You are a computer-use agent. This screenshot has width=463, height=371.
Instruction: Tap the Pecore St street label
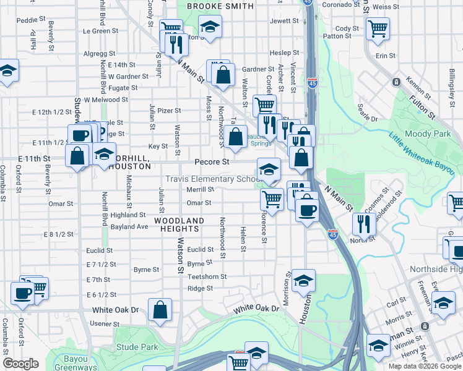[x=212, y=161]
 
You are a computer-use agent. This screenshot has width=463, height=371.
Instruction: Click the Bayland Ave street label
[x=129, y=227]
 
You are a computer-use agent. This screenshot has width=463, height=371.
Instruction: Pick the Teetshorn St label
[x=207, y=276]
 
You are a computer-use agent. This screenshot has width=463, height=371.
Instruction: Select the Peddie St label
[x=27, y=20]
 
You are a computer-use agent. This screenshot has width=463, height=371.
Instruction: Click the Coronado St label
[x=336, y=4]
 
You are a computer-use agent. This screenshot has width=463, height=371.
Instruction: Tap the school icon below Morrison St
[x=303, y=279]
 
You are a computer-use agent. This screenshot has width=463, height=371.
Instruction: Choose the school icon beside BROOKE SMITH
[x=210, y=27]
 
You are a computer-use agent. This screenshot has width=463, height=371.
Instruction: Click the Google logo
[x=20, y=364]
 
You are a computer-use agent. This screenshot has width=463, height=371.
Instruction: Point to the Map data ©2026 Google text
[x=424, y=366]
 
